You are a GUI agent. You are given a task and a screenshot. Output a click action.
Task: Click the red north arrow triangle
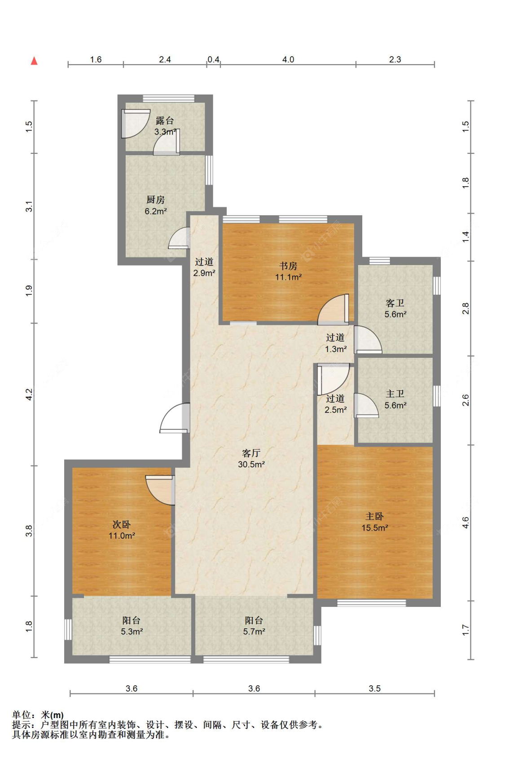point(34,61)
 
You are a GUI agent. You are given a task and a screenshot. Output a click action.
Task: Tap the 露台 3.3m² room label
point(165,126)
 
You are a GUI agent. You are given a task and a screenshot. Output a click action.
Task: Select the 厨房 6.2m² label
point(156,205)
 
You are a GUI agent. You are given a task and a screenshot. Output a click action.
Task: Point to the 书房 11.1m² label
point(288,271)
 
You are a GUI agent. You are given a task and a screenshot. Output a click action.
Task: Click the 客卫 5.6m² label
point(395,309)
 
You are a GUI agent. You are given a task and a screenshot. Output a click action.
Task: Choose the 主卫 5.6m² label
point(395,399)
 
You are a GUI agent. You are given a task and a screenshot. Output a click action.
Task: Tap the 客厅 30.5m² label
point(251,458)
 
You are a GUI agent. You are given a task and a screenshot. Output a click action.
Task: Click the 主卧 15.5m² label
point(375,522)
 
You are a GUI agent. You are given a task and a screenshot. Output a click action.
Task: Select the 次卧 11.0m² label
point(122,530)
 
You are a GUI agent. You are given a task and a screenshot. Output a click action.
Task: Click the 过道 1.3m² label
point(336,343)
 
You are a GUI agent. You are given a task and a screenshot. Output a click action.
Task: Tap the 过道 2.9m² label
point(204,267)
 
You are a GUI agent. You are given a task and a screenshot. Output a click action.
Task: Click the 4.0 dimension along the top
point(288,60)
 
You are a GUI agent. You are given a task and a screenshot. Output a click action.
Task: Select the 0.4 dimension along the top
point(213,60)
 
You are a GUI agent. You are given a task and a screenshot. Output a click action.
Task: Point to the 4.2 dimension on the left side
point(30,395)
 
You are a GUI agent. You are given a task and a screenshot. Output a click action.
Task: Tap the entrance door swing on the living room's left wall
point(175,418)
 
